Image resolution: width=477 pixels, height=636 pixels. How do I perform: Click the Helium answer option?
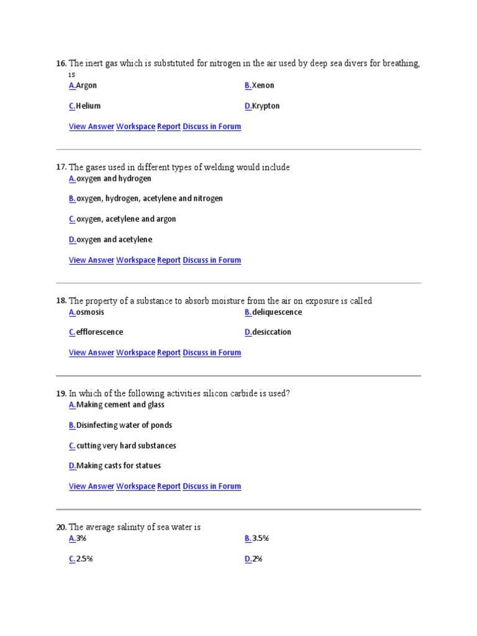coord(88,106)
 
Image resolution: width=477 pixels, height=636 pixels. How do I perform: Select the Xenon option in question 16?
coord(263,86)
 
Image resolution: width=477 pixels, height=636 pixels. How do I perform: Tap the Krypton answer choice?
coord(266,106)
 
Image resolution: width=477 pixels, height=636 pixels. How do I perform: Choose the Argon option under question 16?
coord(86,86)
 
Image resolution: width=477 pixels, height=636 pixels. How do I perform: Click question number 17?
coord(61,167)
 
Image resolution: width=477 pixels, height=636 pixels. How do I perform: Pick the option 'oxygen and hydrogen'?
coord(114,179)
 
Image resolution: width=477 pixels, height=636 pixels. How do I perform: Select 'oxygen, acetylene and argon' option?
coord(126,219)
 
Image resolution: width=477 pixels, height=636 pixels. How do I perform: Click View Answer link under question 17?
coord(91,260)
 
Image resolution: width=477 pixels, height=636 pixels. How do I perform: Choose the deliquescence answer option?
coord(277,312)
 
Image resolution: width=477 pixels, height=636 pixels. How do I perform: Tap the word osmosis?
coord(90,312)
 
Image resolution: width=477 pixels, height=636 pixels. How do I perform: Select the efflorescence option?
coord(99,332)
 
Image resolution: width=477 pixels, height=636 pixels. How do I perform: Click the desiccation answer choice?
coord(271,332)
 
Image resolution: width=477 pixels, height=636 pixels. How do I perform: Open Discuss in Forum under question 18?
coord(212,353)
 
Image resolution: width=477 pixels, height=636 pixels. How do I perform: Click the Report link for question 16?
coord(169,127)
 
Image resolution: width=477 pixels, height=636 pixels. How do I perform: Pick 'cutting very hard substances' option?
coord(126,446)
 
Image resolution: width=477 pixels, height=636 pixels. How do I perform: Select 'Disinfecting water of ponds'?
coord(124,425)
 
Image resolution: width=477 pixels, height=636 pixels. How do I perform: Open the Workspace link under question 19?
coord(135,486)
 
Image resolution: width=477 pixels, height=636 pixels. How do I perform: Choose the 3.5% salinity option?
coord(260,538)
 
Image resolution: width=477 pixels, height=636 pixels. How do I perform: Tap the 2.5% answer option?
coord(84,559)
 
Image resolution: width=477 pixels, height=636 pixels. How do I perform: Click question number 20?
coord(61,527)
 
